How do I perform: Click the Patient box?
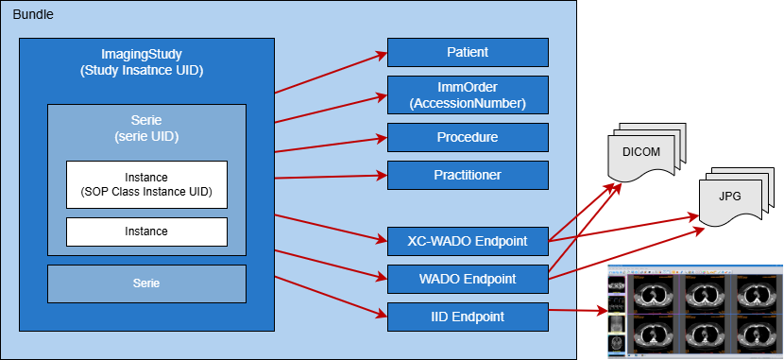468,52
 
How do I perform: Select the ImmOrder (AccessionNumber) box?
468,94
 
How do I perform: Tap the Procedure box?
468,137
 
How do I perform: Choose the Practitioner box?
468,175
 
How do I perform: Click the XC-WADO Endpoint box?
468,241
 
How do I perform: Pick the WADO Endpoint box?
468,279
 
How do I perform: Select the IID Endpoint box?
468,317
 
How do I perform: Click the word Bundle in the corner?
32,15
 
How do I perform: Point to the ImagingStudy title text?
146,54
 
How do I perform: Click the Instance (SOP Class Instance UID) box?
146,184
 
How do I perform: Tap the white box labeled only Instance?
146,231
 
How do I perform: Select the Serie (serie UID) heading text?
146,129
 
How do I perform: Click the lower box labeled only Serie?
146,283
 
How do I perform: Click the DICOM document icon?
642,156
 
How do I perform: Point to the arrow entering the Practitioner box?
331,176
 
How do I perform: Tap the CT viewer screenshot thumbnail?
694,312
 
